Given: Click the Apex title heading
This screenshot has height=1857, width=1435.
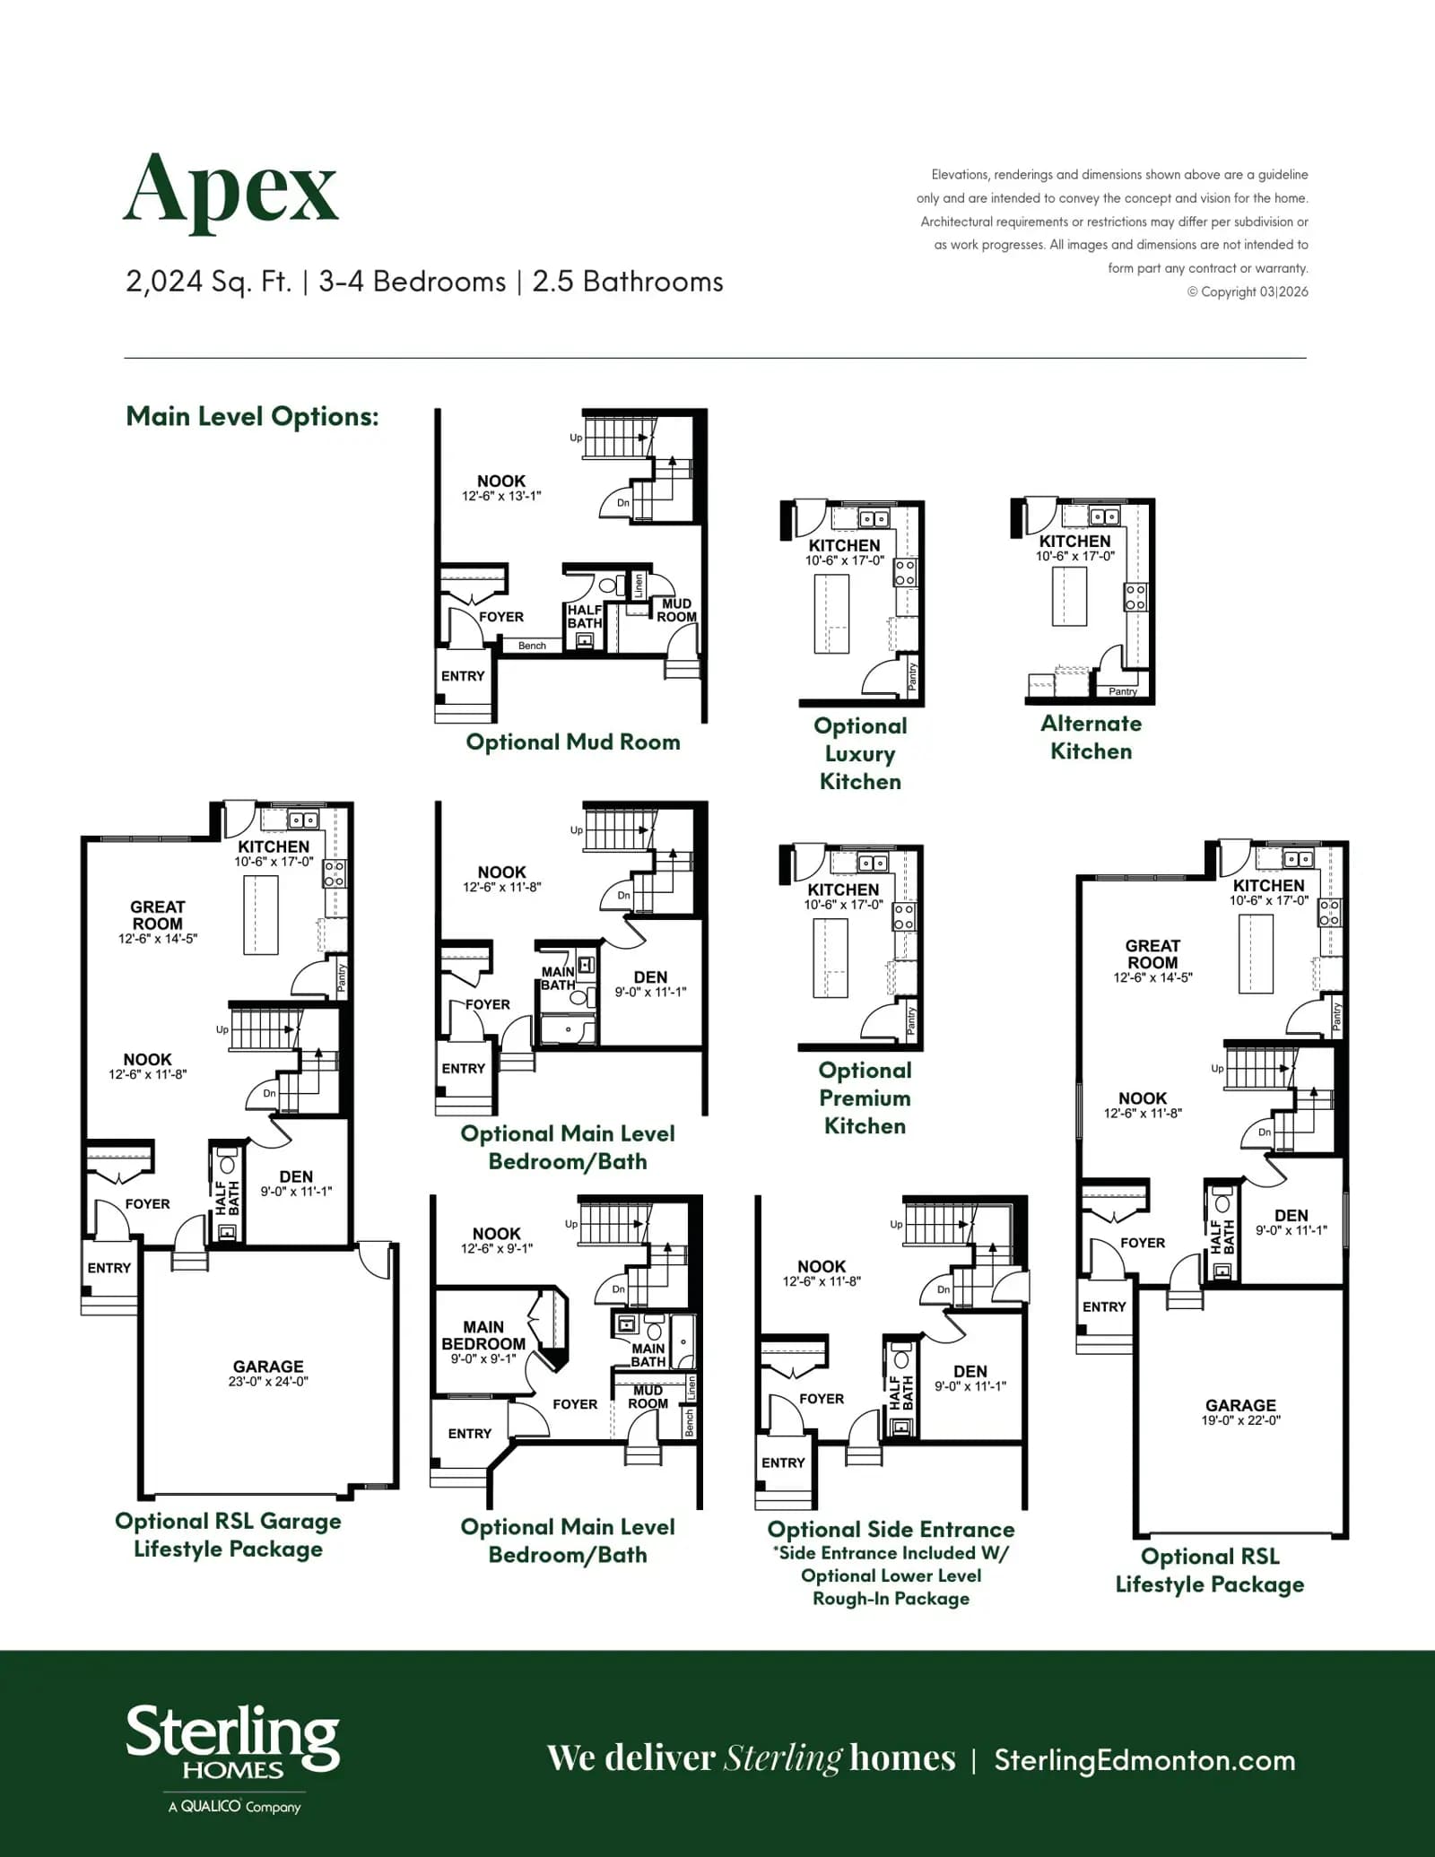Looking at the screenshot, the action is [x=230, y=190].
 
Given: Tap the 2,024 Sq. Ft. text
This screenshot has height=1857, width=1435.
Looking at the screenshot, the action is [x=209, y=282].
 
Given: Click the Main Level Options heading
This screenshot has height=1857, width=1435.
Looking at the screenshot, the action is [x=252, y=416].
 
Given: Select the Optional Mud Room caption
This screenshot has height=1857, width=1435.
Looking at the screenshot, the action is [x=573, y=742].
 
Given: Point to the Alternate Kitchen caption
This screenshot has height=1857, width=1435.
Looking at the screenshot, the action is [x=1091, y=737].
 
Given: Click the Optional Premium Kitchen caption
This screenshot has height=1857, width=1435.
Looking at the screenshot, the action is [x=865, y=1098].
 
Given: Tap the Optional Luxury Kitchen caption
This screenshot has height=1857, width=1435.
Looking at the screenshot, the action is [x=860, y=753].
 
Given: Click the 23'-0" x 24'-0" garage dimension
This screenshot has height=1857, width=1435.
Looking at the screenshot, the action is [x=268, y=1382].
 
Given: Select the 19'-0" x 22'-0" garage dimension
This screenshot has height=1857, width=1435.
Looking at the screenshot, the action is [x=1241, y=1420].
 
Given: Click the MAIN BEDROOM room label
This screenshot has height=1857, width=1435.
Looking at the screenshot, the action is [x=483, y=1335].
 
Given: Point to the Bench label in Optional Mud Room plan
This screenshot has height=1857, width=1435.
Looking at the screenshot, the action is [x=532, y=646].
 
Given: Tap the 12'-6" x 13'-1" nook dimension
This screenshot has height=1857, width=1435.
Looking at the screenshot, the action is [x=501, y=496].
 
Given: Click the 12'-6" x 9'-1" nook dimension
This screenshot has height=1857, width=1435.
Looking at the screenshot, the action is [x=497, y=1248].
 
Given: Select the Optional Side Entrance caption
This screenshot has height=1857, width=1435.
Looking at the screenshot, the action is [x=891, y=1530].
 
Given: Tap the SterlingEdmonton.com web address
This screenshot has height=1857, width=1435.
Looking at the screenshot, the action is [x=1145, y=1760].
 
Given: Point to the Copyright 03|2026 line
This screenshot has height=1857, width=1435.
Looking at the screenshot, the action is [x=1248, y=291].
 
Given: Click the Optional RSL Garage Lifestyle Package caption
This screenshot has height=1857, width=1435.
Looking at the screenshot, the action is [x=228, y=1535].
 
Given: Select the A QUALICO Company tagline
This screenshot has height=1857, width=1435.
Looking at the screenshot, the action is [x=234, y=1807].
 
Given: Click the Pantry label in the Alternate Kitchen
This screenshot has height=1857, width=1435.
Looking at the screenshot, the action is [x=1123, y=691].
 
